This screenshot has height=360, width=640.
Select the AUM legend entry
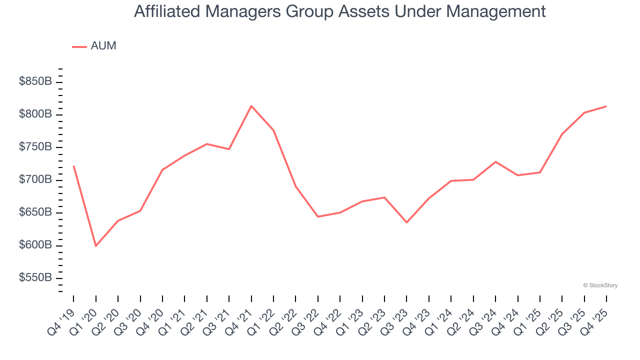click(94, 46)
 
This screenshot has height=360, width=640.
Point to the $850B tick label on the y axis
click(35, 81)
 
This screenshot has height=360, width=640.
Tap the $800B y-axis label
click(35, 114)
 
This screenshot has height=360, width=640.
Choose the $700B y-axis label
click(35, 180)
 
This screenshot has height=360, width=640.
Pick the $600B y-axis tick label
click(35, 245)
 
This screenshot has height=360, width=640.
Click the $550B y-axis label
click(35, 278)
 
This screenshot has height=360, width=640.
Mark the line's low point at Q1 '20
click(95, 246)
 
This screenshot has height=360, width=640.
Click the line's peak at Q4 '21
click(251, 106)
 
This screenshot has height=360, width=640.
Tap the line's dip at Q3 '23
click(406, 222)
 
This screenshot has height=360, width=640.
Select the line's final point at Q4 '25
click(606, 106)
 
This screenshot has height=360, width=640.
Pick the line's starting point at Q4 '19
click(73, 166)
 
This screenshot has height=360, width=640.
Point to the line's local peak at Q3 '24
click(495, 161)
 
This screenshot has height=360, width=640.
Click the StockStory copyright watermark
click(600, 285)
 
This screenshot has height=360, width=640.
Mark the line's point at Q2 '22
click(295, 186)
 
